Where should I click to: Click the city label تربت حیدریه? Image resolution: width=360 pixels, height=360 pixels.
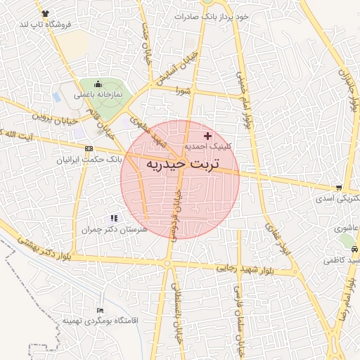click(181, 165)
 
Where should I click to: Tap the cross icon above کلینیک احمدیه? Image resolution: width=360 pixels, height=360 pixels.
click(207, 135)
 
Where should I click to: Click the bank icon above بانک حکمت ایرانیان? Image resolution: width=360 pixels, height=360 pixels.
click(88, 149)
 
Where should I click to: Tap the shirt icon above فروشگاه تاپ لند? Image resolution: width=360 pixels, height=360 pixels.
click(46, 13)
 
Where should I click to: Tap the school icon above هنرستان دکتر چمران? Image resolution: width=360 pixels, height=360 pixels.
click(115, 218)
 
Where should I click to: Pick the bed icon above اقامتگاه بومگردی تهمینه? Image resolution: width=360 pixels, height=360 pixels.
click(100, 309)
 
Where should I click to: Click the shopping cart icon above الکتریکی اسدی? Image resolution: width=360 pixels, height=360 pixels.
click(340, 188)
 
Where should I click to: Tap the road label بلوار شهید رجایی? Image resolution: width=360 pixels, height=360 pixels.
click(250, 269)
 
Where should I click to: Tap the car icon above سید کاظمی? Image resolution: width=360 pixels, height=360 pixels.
click(354, 250)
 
